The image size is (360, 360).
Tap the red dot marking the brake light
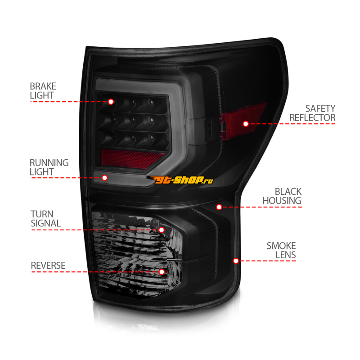pyautogui.click(x=111, y=102)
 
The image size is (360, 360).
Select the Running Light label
pyautogui.click(x=49, y=167)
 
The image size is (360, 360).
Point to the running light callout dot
pyautogui.click(x=105, y=178)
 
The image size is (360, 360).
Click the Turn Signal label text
pyautogui.click(x=45, y=218)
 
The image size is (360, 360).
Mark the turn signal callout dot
pyautogui.click(x=162, y=229)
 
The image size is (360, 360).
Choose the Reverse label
pyautogui.click(x=48, y=265)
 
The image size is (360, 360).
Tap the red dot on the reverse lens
pyautogui.click(x=162, y=272)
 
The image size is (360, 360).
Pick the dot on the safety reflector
pyautogui.click(x=246, y=123)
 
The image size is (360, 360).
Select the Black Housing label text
pyautogui.click(x=282, y=196)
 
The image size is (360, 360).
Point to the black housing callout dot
pyautogui.click(x=219, y=207)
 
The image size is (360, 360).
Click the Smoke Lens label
pyautogui.click(x=281, y=250)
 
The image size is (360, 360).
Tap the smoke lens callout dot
pyautogui.click(x=235, y=261)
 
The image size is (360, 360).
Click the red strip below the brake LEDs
pyautogui.click(x=130, y=157)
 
